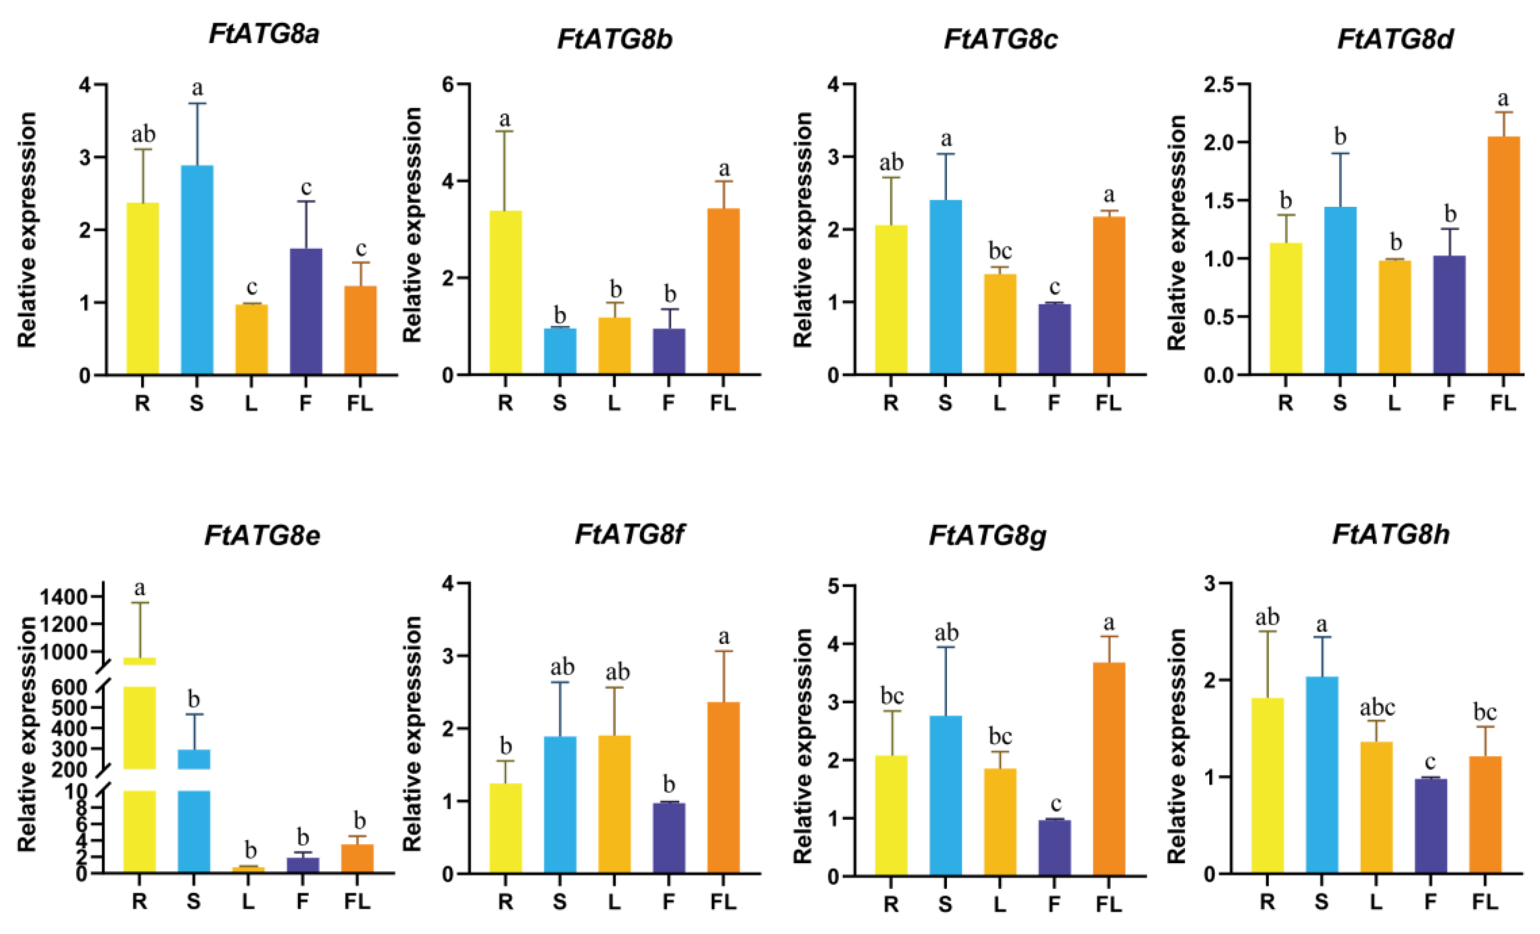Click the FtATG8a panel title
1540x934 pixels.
coord(264,34)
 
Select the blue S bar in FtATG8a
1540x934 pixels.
coord(197,270)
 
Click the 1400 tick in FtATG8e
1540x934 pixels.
coord(63,598)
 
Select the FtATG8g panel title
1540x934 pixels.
coord(988,536)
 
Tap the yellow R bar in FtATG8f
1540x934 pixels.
coord(506,828)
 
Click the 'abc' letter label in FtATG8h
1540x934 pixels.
coord(1377,708)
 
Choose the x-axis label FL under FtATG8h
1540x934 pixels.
coord(1485,902)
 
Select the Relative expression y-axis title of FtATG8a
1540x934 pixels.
coord(27,230)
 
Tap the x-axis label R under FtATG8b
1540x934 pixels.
coord(505,404)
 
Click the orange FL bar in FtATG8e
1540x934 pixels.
coord(357,858)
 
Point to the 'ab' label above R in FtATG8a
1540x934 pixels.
coord(143,134)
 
